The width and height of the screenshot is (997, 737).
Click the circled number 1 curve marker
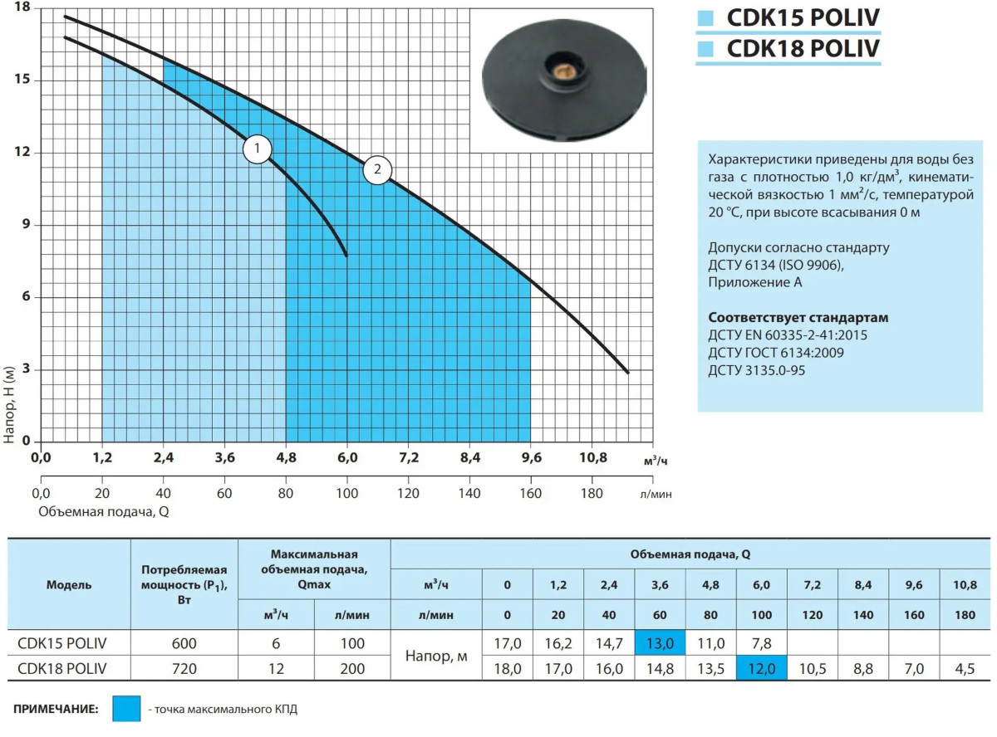tap(258, 149)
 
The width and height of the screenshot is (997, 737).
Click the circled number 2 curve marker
tap(377, 171)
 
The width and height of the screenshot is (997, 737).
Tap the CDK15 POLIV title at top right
tap(802, 18)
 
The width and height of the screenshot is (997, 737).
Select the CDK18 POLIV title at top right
tap(802, 49)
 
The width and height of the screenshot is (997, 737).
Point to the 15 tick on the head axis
tap(23, 81)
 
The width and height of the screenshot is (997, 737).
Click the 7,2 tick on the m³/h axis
tap(409, 457)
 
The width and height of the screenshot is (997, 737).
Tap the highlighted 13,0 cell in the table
tap(660, 643)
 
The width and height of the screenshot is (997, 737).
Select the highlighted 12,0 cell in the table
tap(761, 668)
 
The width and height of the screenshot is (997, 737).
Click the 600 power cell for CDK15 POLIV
tap(184, 643)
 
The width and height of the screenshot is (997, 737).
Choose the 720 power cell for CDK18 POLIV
tap(184, 668)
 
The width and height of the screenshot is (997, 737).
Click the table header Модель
tap(69, 584)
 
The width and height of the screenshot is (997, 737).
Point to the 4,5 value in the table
tap(964, 668)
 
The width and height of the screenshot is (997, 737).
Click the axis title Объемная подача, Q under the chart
tap(104, 511)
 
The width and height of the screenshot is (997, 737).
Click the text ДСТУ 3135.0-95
tap(756, 370)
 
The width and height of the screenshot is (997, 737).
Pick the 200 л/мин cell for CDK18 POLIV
tap(352, 668)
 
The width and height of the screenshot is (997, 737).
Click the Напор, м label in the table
tap(436, 656)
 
